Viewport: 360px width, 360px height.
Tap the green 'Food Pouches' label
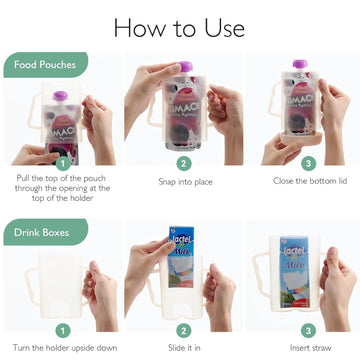pos(45,66)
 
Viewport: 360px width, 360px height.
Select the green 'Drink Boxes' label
pos(43,232)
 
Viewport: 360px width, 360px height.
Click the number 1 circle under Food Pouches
pos(62,162)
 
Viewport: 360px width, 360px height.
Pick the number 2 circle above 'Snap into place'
pos(183,162)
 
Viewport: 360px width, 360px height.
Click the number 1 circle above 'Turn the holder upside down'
pos(62,329)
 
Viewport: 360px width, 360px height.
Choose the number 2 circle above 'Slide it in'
pos(183,329)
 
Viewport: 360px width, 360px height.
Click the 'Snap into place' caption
pos(183,182)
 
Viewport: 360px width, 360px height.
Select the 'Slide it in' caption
pos(183,347)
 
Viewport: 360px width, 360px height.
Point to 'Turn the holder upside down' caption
pos(62,347)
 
